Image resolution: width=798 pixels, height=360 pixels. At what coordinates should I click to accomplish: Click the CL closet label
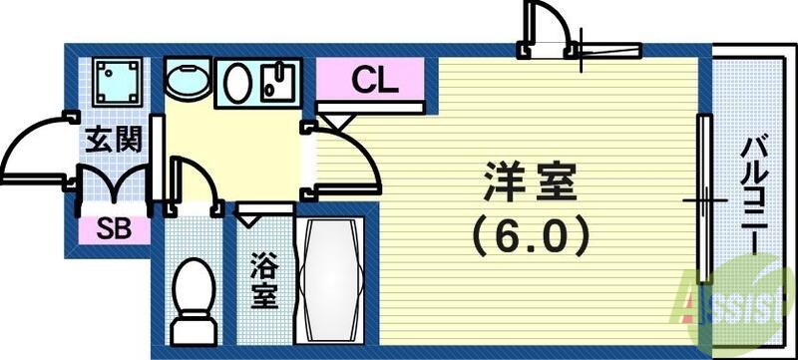point(374,81)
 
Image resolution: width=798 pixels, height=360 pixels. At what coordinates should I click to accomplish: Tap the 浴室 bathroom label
point(264,281)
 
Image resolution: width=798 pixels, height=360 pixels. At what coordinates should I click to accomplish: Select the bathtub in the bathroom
point(331,282)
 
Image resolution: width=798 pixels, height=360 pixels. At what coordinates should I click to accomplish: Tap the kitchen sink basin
point(238,83)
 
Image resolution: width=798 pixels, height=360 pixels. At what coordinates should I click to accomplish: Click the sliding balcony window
point(704,199)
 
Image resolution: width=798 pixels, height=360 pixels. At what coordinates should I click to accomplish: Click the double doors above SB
point(114,189)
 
